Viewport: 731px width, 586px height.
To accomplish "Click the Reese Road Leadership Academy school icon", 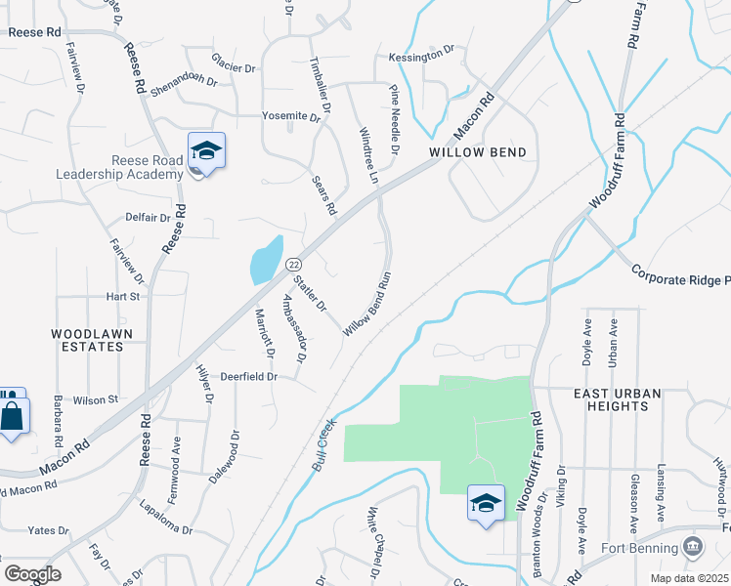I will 207,151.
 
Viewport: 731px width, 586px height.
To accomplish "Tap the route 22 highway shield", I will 292,264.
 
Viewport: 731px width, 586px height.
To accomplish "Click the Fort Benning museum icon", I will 693,544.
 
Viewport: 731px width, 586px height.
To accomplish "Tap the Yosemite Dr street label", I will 291,116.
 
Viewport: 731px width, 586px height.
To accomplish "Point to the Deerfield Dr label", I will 249,375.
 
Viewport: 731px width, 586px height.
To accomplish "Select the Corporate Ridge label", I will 680,275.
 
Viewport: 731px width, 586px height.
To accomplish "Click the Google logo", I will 32,574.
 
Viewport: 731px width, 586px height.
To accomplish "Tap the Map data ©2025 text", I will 688,577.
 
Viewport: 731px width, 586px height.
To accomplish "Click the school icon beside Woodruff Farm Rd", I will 486,504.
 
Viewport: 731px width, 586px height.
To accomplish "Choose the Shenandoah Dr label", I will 182,79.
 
